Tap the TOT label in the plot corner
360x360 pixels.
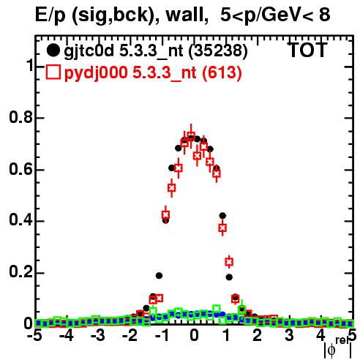click(x=308, y=50)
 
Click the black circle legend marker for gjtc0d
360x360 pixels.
click(x=53, y=50)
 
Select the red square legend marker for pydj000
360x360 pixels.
click(x=53, y=72)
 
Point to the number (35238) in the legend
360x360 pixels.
click(x=218, y=51)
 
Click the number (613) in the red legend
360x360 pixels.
click(x=222, y=72)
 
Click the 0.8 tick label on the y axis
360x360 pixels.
click(x=20, y=117)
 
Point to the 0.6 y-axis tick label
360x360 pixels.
click(x=20, y=169)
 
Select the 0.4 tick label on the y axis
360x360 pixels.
click(x=20, y=220)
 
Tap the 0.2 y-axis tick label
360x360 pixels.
click(x=20, y=272)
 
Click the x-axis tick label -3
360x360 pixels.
click(x=97, y=335)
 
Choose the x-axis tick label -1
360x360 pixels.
click(x=162, y=335)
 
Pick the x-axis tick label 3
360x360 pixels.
click(x=289, y=335)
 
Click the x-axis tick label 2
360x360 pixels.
click(x=257, y=335)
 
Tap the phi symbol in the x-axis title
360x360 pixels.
click(x=331, y=350)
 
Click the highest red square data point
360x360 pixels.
click(x=191, y=135)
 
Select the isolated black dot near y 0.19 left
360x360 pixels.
click(x=159, y=276)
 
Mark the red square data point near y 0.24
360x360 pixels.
click(x=229, y=262)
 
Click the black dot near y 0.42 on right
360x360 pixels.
click(x=222, y=216)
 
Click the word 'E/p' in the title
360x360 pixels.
click(x=50, y=15)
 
